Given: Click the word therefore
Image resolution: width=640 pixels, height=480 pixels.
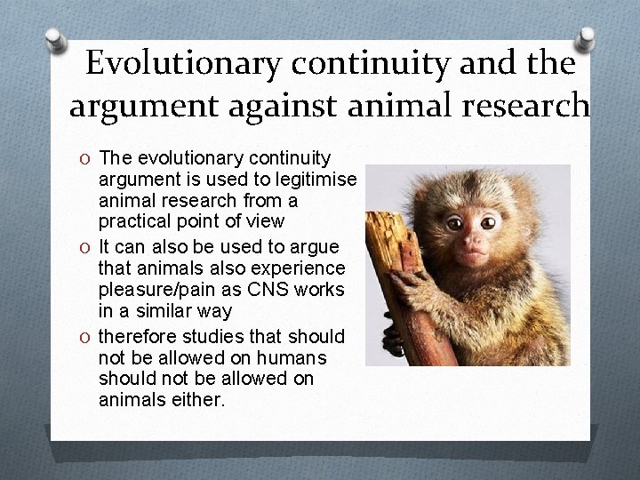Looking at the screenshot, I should (136, 337).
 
